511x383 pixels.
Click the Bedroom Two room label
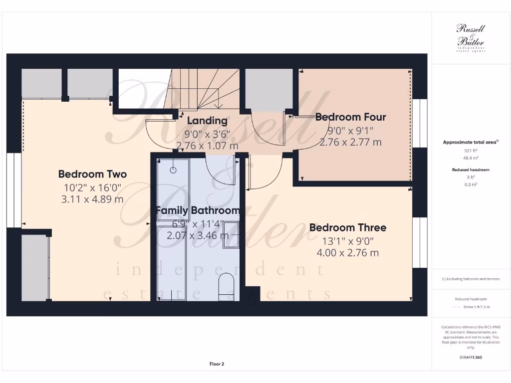pyautogui.click(x=92, y=174)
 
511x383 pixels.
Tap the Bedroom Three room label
pyautogui.click(x=347, y=228)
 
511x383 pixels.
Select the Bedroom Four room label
pyautogui.click(x=350, y=117)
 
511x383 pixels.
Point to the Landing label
pyautogui.click(x=207, y=121)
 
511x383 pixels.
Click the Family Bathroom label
pyautogui.click(x=198, y=210)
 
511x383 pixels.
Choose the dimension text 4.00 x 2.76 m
pyautogui.click(x=347, y=253)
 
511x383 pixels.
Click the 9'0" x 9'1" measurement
pyautogui.click(x=350, y=131)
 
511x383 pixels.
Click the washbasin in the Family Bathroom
pyautogui.click(x=231, y=235)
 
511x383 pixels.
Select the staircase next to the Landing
pyautogui.click(x=205, y=90)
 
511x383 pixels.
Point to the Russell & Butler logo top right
pyautogui.click(x=471, y=37)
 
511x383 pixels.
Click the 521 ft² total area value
pyautogui.click(x=471, y=150)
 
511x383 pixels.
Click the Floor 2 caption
pyautogui.click(x=217, y=364)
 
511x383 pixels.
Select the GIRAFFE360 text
pyautogui.click(x=471, y=357)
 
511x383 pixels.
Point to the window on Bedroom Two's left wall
pyautogui.click(x=17, y=190)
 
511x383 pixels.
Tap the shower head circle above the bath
pyautogui.click(x=173, y=170)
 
